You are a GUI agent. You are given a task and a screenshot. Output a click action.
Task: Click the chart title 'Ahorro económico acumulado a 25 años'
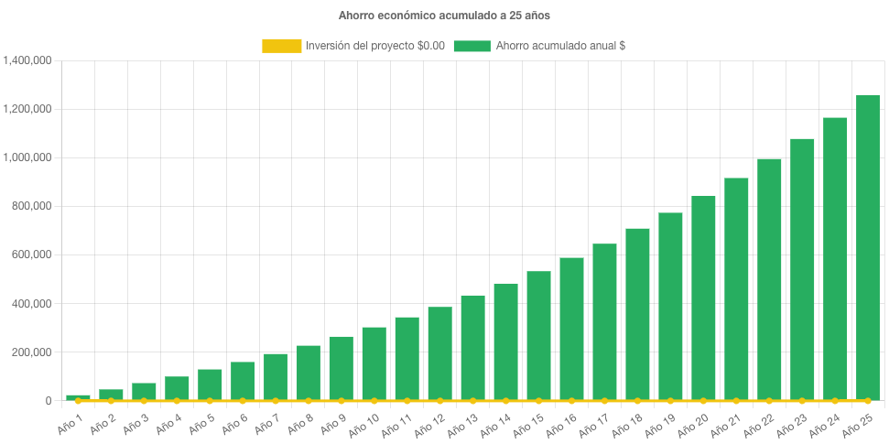click(444, 16)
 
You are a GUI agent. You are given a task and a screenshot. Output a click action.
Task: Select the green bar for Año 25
click(867, 247)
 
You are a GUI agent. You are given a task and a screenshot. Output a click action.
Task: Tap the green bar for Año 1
click(78, 397)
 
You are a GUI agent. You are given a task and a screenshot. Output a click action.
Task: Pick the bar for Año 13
click(472, 348)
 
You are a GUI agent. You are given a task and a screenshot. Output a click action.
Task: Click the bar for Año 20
click(703, 298)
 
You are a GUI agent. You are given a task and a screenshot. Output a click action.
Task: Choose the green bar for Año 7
click(275, 377)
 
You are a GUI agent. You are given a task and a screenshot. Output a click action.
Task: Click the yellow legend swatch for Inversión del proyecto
click(281, 46)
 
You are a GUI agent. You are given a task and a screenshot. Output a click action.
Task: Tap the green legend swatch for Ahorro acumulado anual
click(472, 46)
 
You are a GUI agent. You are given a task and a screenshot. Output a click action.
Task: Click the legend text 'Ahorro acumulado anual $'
click(560, 46)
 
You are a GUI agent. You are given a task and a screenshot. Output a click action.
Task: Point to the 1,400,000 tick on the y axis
click(27, 60)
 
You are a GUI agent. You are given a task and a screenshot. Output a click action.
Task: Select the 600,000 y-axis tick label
click(31, 254)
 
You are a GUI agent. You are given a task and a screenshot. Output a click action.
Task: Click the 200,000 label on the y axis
click(31, 352)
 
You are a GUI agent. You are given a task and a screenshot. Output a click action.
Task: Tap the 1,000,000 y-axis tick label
click(27, 157)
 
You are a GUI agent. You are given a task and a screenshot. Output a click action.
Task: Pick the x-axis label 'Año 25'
click(865, 424)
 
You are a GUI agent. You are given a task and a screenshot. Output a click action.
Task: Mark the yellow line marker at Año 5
click(210, 401)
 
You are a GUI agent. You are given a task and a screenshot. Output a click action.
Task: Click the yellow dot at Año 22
click(769, 401)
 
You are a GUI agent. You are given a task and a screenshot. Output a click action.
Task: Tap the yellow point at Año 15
click(538, 401)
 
